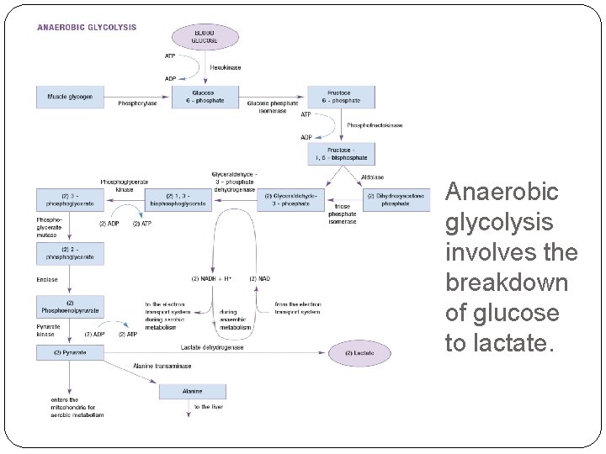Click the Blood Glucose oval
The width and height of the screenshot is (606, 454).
[x=205, y=37]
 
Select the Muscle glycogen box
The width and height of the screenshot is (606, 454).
[x=70, y=97]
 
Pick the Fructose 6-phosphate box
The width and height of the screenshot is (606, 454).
[x=340, y=97]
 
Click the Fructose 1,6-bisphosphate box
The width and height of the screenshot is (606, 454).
[x=340, y=154]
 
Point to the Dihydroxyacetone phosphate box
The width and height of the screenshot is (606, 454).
[x=396, y=199]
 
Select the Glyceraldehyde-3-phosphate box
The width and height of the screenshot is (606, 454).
[x=290, y=199]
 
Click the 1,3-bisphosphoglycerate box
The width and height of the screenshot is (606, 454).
[x=178, y=199]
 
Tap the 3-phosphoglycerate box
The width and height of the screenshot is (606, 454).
[x=70, y=199]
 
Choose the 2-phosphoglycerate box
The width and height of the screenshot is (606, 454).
[x=70, y=253]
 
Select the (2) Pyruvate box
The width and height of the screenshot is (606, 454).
[x=70, y=352]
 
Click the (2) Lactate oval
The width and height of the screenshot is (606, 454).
[x=359, y=353]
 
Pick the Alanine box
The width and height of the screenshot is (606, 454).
[x=193, y=392]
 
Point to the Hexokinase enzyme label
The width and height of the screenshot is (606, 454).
[x=226, y=67]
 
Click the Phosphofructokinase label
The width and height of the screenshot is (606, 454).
[x=375, y=125]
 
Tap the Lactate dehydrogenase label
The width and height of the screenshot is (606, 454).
[x=211, y=346]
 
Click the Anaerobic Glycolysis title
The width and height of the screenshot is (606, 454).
[x=87, y=27]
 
